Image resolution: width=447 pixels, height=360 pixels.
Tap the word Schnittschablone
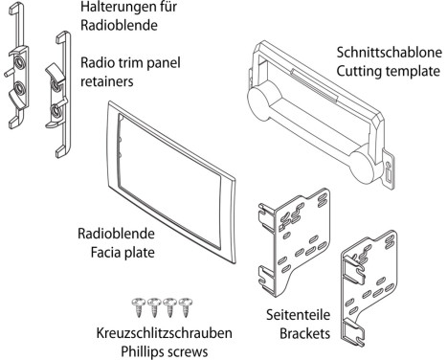(x=390, y=53)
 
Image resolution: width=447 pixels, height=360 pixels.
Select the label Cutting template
(x=389, y=71)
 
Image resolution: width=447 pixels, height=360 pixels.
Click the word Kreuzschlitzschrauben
(x=164, y=333)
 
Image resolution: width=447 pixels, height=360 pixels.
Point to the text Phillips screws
(x=164, y=351)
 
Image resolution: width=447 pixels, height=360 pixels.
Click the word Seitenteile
(x=299, y=315)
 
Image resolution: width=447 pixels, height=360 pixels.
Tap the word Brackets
(x=304, y=334)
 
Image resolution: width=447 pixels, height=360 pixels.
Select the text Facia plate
(x=123, y=253)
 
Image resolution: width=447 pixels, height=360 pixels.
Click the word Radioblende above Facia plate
(x=116, y=234)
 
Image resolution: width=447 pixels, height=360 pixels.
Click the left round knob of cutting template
(x=262, y=100)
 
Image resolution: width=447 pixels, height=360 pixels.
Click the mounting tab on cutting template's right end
(x=389, y=169)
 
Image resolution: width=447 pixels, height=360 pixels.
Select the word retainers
(x=107, y=81)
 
